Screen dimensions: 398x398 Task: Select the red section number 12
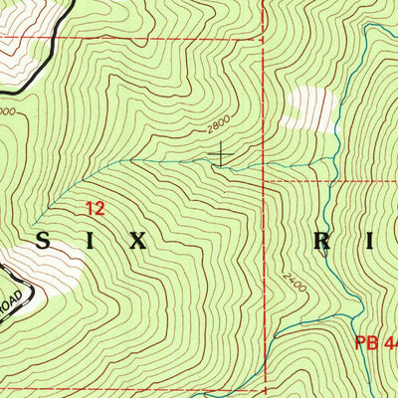95,209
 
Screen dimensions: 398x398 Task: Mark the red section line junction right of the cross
264,182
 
